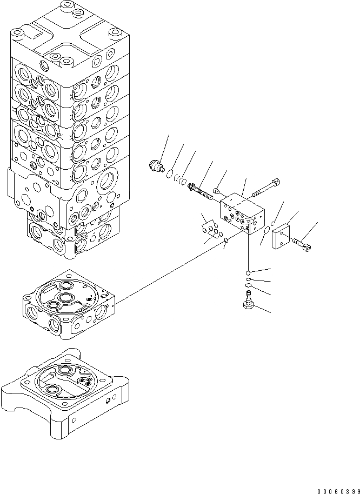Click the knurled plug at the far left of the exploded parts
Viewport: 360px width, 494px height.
pyautogui.click(x=156, y=165)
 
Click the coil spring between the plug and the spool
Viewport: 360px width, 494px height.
pyautogui.click(x=182, y=180)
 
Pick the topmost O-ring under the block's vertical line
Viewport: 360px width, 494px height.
pyautogui.click(x=248, y=272)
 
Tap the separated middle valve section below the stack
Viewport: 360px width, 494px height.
pyautogui.click(x=68, y=305)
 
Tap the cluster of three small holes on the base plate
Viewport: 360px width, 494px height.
pyautogui.click(x=84, y=382)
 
